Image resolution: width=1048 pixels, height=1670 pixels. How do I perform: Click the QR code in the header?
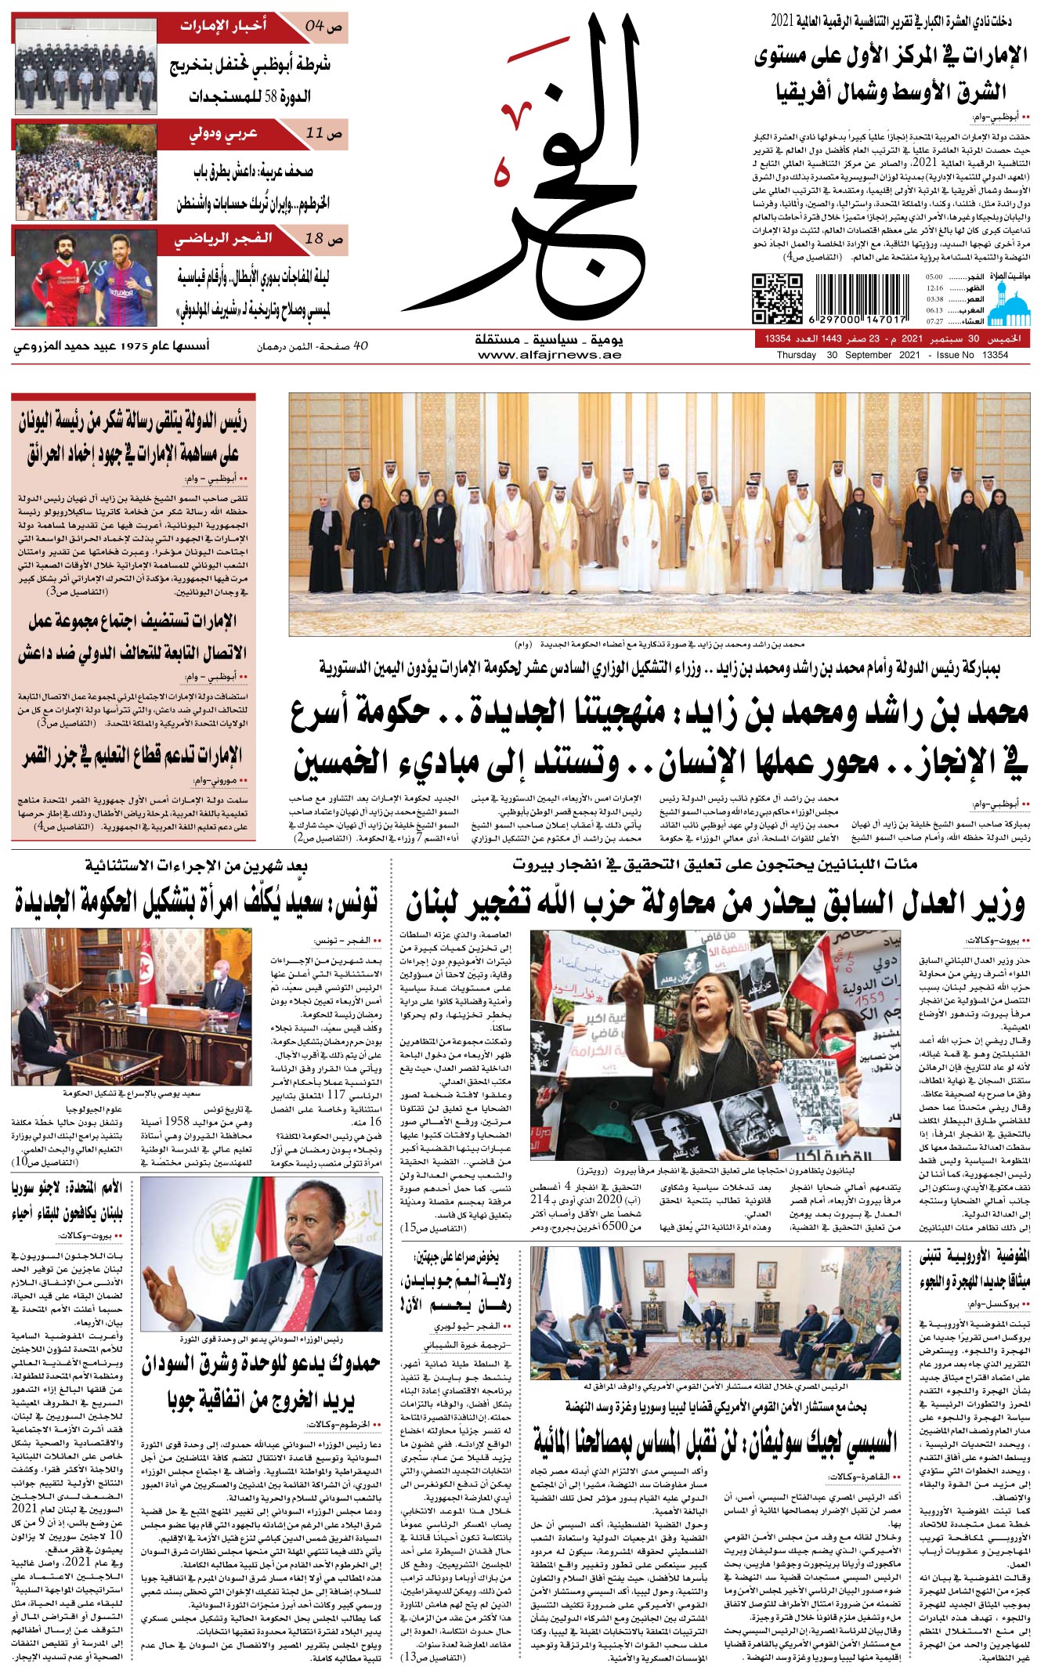pyautogui.click(x=777, y=298)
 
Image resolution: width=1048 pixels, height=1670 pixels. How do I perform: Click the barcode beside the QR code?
pyautogui.click(x=861, y=298)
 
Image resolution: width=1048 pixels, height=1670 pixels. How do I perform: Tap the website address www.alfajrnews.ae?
pyautogui.click(x=549, y=355)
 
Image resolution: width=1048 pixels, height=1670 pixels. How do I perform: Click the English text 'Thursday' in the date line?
pyautogui.click(x=796, y=355)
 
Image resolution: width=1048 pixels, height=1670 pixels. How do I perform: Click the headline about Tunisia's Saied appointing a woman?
pyautogui.click(x=196, y=902)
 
